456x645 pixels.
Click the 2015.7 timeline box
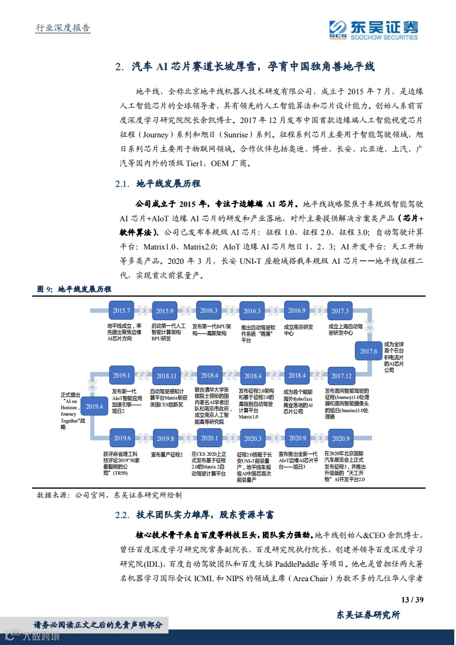(121, 311)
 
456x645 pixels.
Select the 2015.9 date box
(164, 311)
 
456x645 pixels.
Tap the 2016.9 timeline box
(297, 311)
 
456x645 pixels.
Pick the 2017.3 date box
(340, 311)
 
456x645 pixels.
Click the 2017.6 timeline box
(369, 351)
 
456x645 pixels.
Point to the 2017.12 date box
(341, 376)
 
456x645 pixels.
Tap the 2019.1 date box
(121, 375)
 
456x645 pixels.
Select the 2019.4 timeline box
(94, 406)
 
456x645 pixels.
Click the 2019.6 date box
(122, 438)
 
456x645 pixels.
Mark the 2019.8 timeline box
(165, 439)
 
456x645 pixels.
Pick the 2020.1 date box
(209, 438)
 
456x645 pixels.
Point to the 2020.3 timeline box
(252, 439)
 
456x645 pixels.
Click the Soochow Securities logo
(373, 29)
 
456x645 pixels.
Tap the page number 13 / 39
(412, 600)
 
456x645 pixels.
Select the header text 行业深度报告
(59, 28)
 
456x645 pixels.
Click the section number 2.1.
(124, 184)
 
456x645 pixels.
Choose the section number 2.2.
(124, 515)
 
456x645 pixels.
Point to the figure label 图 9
(45, 289)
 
